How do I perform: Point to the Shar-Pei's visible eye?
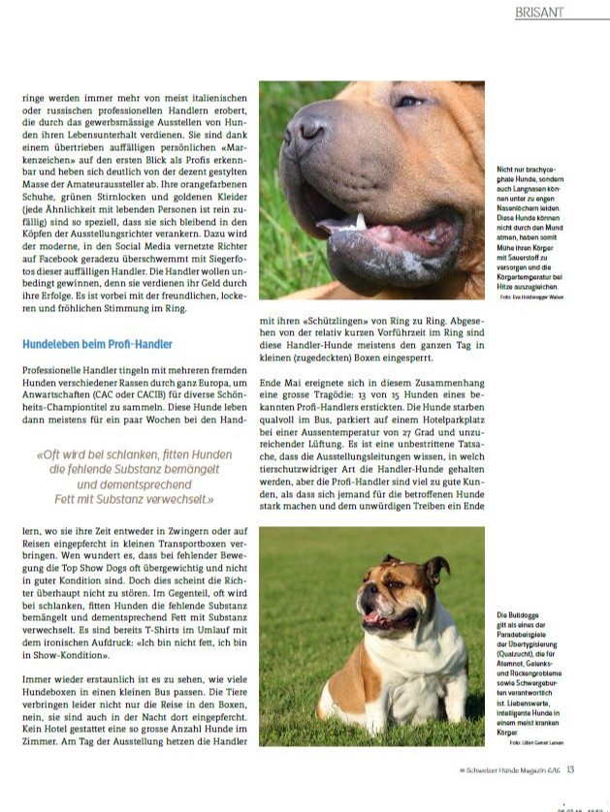coord(408,100)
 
